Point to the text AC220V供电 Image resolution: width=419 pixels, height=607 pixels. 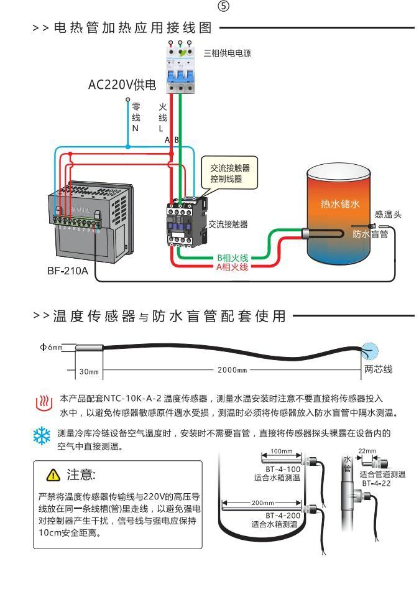pyautogui.click(x=122, y=85)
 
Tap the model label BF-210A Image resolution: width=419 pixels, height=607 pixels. pyautogui.click(x=68, y=271)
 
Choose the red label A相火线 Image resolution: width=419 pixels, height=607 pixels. pyautogui.click(x=233, y=267)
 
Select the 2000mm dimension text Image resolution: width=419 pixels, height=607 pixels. pyautogui.click(x=232, y=371)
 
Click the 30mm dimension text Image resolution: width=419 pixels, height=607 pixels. pyautogui.click(x=89, y=372)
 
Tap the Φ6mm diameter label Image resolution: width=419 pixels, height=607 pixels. pyautogui.click(x=50, y=347)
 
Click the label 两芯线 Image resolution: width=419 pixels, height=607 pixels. pyautogui.click(x=377, y=370)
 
